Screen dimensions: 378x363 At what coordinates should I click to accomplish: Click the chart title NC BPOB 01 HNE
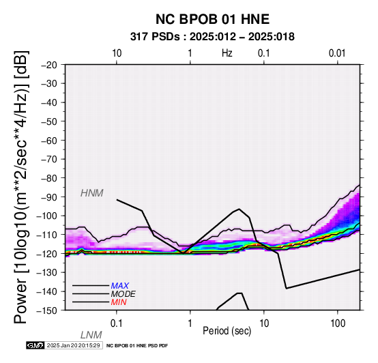click(212, 19)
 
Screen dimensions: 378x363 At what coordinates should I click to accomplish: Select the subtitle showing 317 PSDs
click(212, 37)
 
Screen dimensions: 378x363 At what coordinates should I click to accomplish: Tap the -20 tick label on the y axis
click(49, 65)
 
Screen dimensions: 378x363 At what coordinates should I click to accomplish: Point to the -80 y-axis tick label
click(49, 178)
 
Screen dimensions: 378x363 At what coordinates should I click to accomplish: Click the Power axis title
click(21, 187)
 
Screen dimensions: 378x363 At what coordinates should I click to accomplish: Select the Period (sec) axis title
click(227, 331)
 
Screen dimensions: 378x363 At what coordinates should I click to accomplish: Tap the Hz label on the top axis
click(227, 53)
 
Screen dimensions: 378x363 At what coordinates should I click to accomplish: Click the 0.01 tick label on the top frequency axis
click(337, 53)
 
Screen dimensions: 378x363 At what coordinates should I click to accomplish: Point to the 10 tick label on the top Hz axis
click(117, 53)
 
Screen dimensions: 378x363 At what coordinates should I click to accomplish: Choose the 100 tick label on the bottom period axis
click(338, 323)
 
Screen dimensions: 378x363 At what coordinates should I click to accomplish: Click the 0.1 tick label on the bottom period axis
click(117, 323)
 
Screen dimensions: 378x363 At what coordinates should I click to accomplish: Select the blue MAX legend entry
click(120, 286)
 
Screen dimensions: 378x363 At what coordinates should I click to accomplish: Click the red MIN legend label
click(119, 302)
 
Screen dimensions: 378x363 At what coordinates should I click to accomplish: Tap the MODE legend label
click(123, 294)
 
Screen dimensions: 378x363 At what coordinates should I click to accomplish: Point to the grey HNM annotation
click(92, 193)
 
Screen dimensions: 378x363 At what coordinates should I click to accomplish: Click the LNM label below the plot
click(91, 335)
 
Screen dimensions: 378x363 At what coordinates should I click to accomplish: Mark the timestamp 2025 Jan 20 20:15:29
click(73, 345)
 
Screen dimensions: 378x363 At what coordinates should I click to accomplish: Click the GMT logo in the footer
click(35, 345)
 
